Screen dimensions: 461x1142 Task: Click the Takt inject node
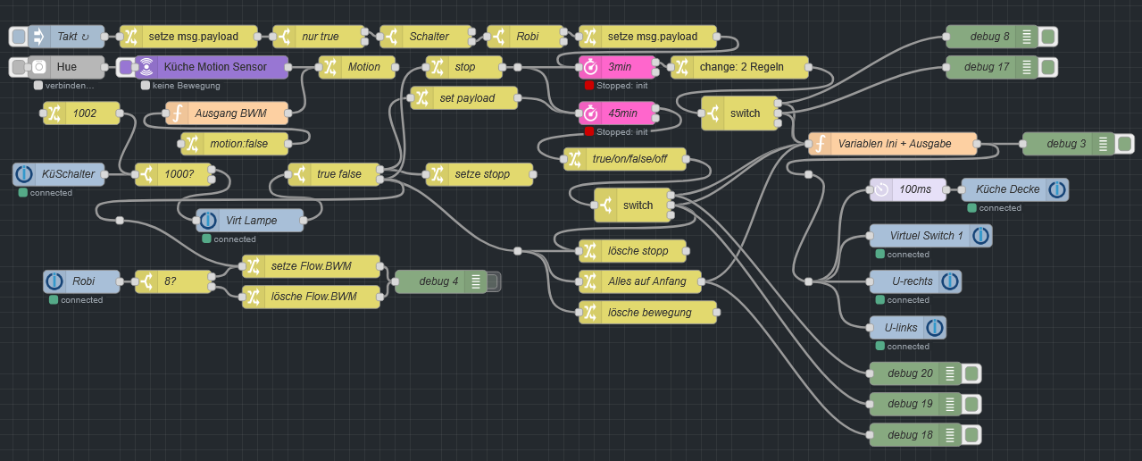point(67,37)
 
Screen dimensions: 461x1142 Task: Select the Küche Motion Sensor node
point(214,67)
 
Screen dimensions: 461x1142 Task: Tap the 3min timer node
point(618,67)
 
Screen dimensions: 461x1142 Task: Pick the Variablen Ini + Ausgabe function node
point(893,144)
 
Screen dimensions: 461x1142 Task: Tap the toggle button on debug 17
point(1048,67)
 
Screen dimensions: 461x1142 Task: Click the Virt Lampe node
point(250,220)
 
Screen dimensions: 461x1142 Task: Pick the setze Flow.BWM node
point(312,266)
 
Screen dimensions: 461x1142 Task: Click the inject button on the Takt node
point(18,37)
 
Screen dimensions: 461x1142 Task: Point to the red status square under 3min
point(589,86)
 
